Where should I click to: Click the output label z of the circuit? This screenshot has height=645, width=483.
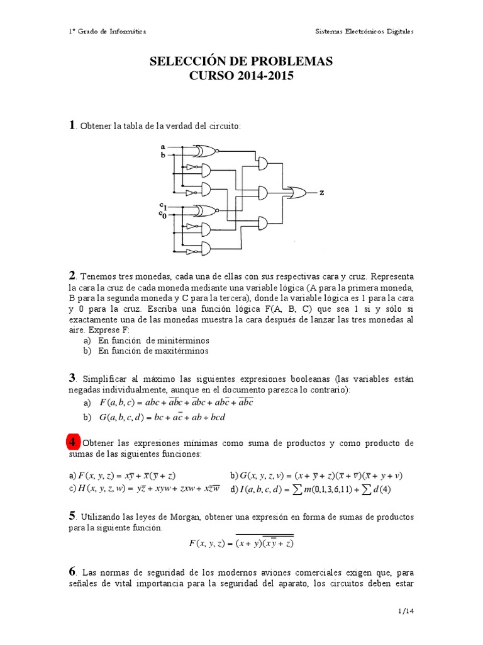[x=322, y=193]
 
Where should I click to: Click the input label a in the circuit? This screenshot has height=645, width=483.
[x=162, y=146]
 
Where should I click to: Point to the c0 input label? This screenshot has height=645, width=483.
[x=162, y=215]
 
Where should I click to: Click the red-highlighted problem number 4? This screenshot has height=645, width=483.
[x=74, y=443]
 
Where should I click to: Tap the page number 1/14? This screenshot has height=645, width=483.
[x=406, y=611]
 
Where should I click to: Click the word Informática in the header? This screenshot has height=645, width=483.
[x=131, y=31]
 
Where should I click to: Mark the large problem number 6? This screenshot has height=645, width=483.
[x=73, y=572]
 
